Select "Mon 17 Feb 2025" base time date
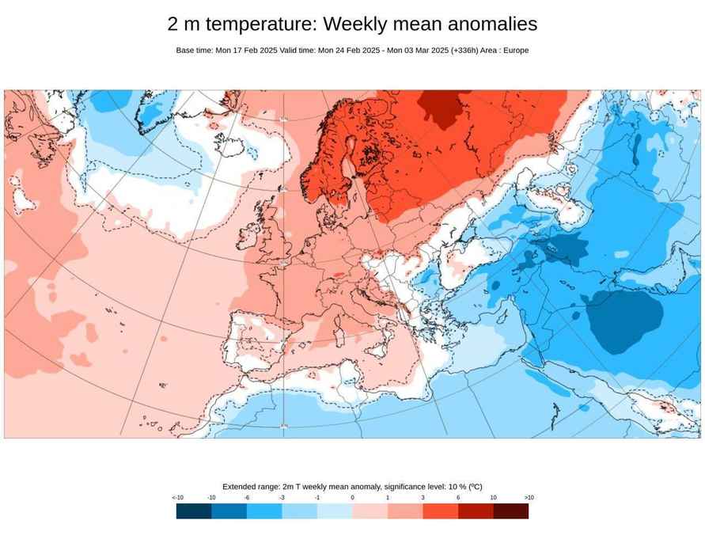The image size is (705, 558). click(x=246, y=51)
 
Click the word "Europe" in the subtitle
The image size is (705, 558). click(x=514, y=51)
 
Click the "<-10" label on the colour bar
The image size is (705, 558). click(x=177, y=498)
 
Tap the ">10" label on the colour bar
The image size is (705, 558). click(x=529, y=498)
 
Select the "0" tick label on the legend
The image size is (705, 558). click(x=352, y=498)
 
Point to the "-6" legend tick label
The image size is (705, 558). click(x=247, y=498)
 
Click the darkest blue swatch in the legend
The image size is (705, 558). click(x=194, y=511)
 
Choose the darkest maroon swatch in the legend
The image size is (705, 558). click(x=511, y=511)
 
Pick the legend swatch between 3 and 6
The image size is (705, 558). click(x=441, y=511)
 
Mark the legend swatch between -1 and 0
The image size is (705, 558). click(x=335, y=511)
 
